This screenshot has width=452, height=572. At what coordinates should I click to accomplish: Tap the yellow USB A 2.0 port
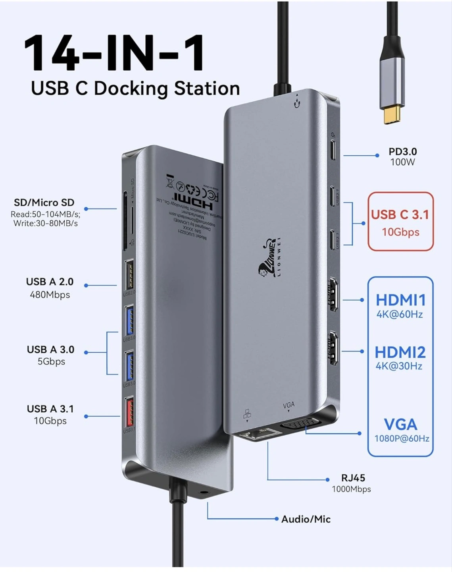129,275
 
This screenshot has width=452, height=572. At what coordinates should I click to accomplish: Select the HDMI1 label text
400,300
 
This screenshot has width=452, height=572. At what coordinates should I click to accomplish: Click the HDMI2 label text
400,352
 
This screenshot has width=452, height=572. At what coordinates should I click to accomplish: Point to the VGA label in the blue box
400,425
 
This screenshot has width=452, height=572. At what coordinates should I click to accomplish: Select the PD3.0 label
402,152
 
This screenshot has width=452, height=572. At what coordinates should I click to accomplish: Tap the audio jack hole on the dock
204,496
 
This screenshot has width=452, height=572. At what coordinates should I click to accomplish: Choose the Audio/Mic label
306,519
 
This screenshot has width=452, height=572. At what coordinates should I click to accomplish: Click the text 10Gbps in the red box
400,232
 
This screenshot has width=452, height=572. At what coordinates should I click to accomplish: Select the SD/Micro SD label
44,203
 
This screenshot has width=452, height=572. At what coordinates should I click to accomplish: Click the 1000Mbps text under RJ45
351,489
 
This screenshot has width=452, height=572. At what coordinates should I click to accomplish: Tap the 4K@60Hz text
400,315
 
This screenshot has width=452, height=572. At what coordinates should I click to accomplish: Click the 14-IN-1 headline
115,53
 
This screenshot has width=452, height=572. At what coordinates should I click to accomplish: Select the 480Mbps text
50,295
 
